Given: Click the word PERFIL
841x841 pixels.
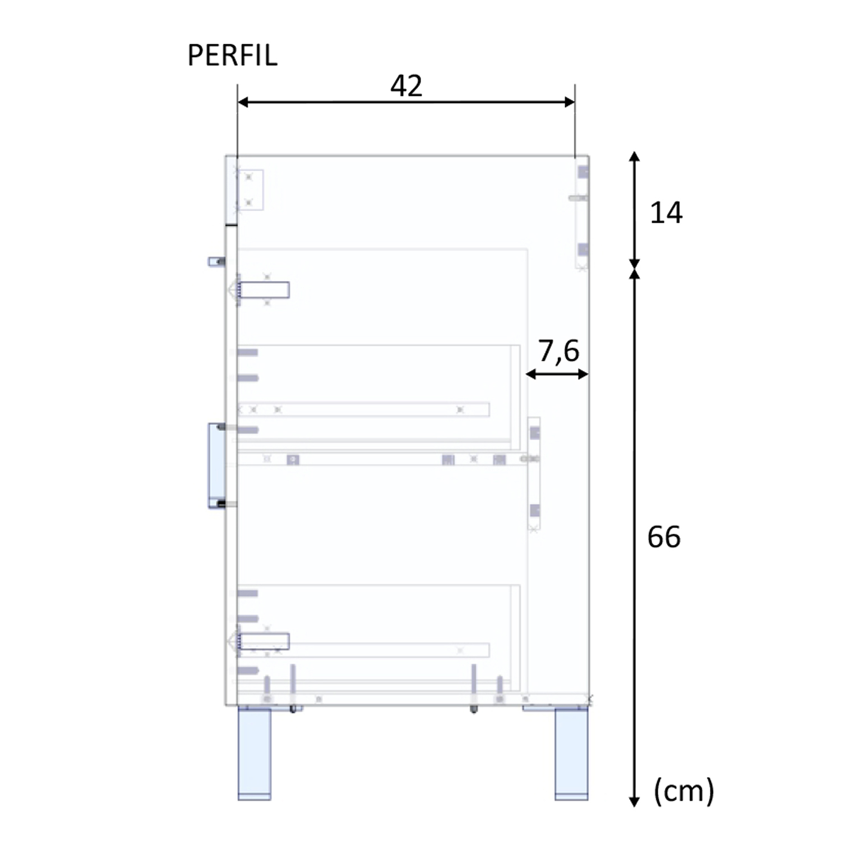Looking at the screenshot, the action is click(x=232, y=55).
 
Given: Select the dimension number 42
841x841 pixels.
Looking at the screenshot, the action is click(x=406, y=86).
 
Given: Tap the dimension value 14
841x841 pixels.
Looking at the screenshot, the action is click(x=666, y=213).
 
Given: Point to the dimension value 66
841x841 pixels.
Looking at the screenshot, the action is click(x=664, y=537).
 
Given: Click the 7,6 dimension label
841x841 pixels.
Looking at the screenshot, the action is click(x=558, y=351).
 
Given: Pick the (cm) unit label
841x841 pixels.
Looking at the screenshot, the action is click(x=684, y=791).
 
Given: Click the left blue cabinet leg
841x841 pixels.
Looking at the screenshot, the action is click(x=254, y=753).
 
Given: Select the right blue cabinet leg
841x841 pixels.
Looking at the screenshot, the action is click(x=571, y=753).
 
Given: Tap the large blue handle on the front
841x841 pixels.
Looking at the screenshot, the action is click(x=216, y=465).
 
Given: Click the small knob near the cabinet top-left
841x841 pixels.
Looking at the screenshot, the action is click(x=216, y=261).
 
